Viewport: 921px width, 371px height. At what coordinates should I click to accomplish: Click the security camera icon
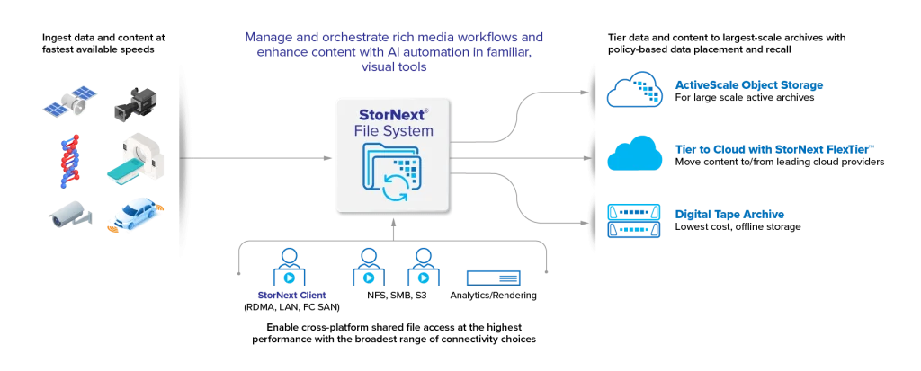pos(67,215)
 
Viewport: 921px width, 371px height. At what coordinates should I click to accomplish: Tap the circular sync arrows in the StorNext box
pos(394,187)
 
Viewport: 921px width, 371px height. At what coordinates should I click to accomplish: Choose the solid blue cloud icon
pos(635,155)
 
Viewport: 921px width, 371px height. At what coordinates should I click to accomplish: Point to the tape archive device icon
pos(636,217)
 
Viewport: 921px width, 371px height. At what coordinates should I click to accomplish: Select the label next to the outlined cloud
pos(750,86)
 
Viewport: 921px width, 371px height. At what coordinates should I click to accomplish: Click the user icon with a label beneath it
pos(290,267)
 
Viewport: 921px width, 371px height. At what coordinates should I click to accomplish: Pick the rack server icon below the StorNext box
pos(492,277)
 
